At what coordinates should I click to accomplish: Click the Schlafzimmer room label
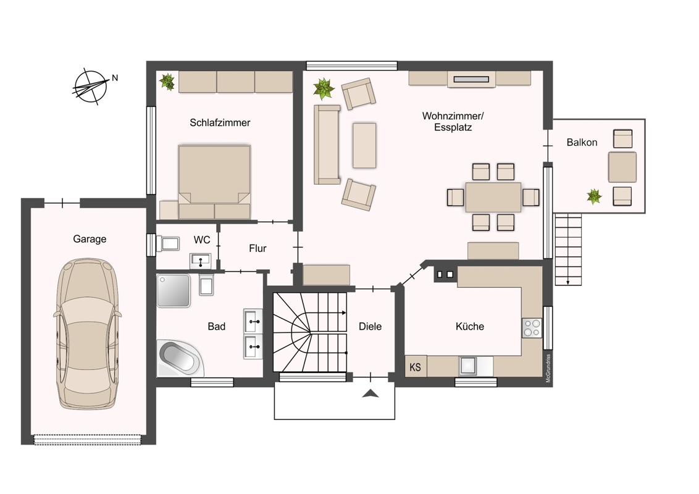pos(220,123)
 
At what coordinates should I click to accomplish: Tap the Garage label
pos(90,239)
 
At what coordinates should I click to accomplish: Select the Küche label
pos(470,327)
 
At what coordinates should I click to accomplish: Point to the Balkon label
pos(582,142)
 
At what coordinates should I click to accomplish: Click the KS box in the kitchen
pos(416,367)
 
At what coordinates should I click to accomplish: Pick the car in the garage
pos(88,334)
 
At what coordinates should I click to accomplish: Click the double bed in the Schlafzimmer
pos(214,182)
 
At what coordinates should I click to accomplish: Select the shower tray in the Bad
pos(174,290)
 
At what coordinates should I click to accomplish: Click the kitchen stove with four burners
pos(532,328)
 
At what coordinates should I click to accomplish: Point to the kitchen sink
pos(469,366)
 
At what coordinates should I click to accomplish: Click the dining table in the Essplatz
pos(493,197)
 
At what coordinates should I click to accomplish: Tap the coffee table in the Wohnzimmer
pos(364,145)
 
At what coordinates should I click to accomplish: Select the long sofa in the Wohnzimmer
pos(327,144)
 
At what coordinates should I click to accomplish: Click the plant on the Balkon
pos(594,196)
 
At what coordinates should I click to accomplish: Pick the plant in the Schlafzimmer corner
pos(167,82)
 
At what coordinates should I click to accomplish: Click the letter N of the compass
pos(115,78)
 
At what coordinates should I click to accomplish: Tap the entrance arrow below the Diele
pos(370,393)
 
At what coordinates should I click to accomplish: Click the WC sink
pos(201,260)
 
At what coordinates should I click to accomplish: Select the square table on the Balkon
pos(622,167)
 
